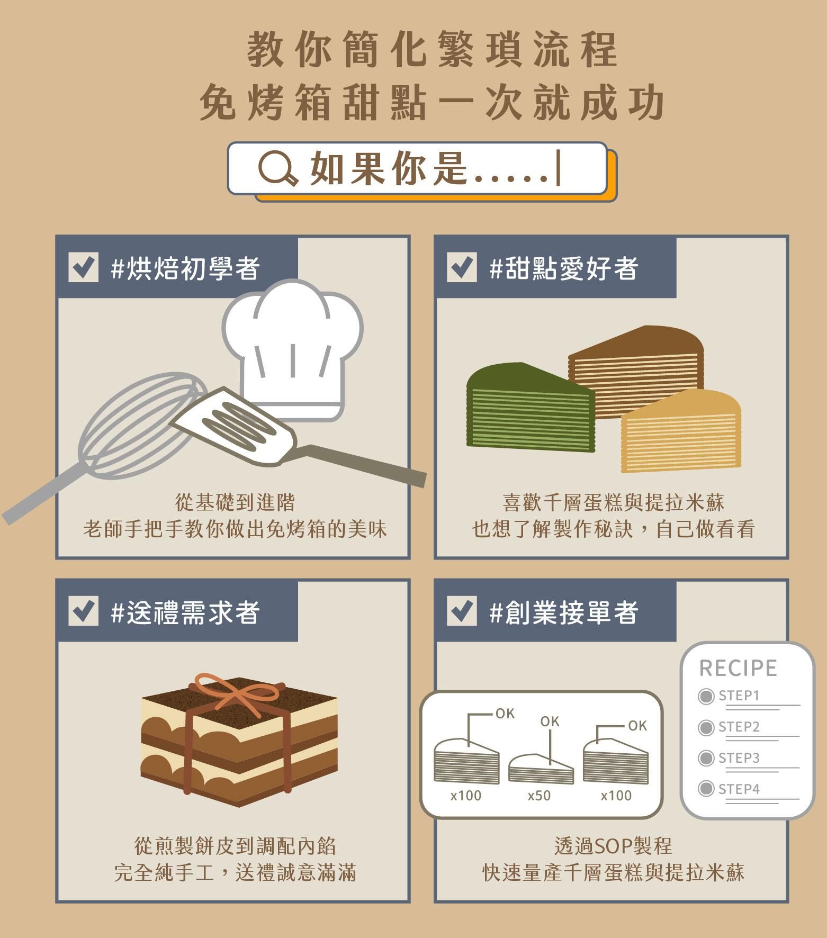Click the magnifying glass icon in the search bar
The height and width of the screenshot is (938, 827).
[276, 168]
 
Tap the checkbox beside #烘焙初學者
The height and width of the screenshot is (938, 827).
[83, 267]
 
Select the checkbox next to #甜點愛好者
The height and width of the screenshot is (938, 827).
[461, 267]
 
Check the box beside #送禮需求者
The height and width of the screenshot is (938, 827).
[83, 611]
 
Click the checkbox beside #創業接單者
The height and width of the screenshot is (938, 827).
[461, 611]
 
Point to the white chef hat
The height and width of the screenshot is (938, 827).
[292, 344]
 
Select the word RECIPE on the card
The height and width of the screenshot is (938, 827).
[738, 669]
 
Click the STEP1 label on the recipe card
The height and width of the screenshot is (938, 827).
[739, 696]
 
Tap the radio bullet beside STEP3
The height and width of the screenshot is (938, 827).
[706, 759]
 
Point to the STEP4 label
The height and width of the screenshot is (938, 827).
[739, 789]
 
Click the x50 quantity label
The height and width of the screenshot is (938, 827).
[539, 796]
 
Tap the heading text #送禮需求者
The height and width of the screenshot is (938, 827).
[185, 612]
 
